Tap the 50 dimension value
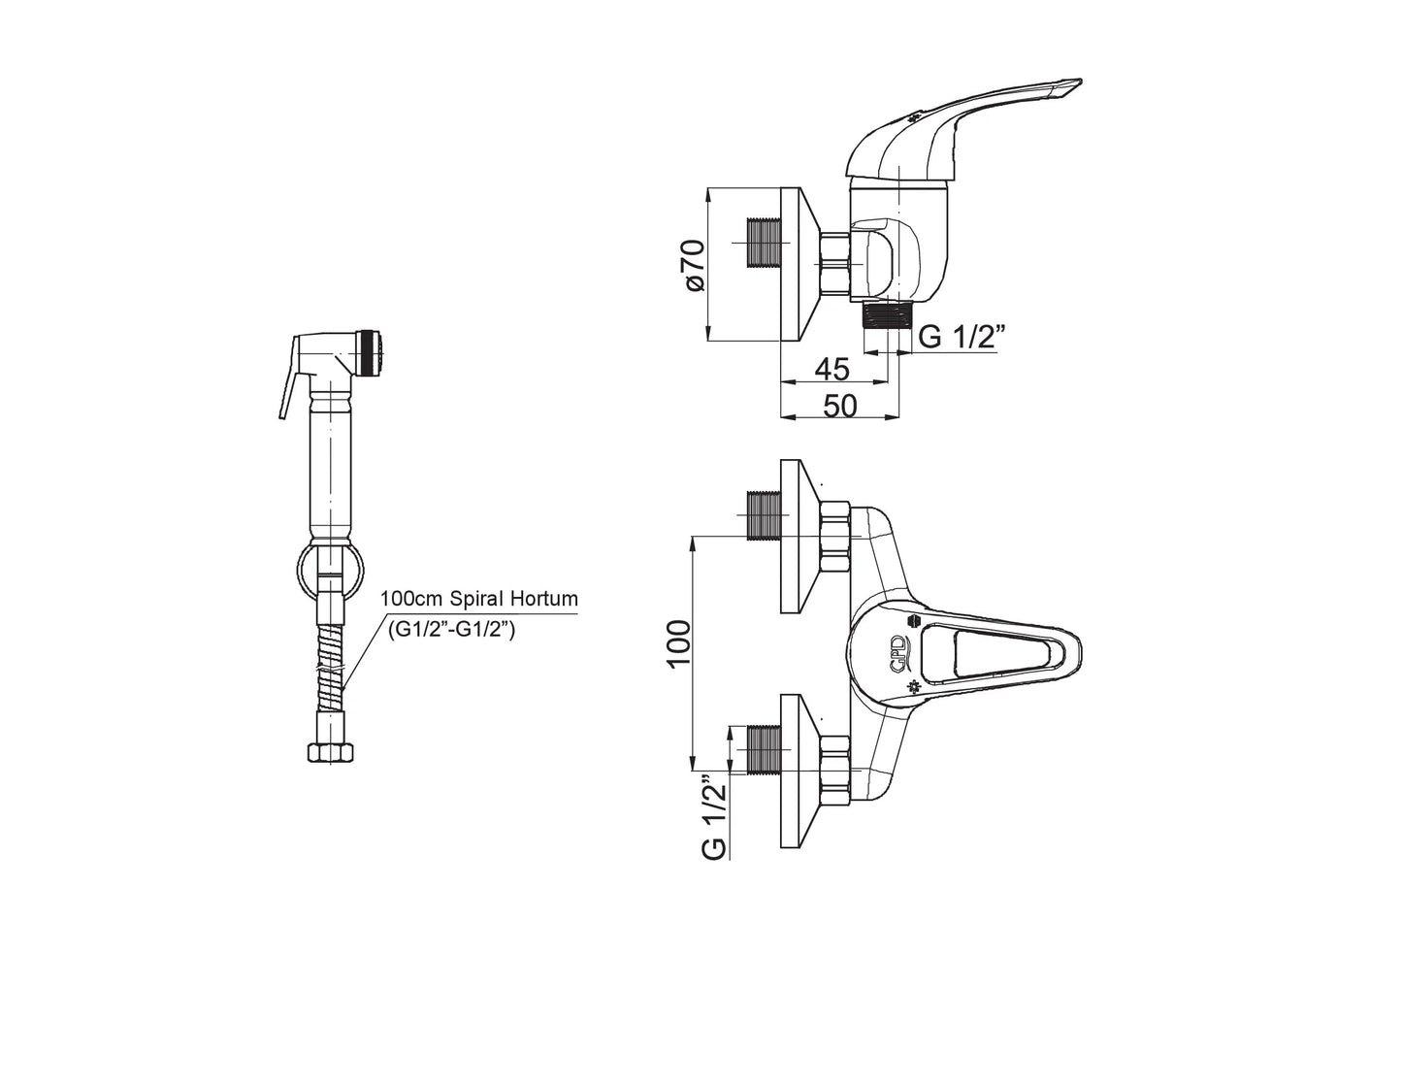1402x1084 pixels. [x=840, y=407]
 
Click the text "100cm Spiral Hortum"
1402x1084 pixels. [x=479, y=599]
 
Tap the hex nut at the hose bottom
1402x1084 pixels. [x=328, y=753]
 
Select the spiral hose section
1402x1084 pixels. [x=329, y=670]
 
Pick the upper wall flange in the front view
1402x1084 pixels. [x=801, y=537]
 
